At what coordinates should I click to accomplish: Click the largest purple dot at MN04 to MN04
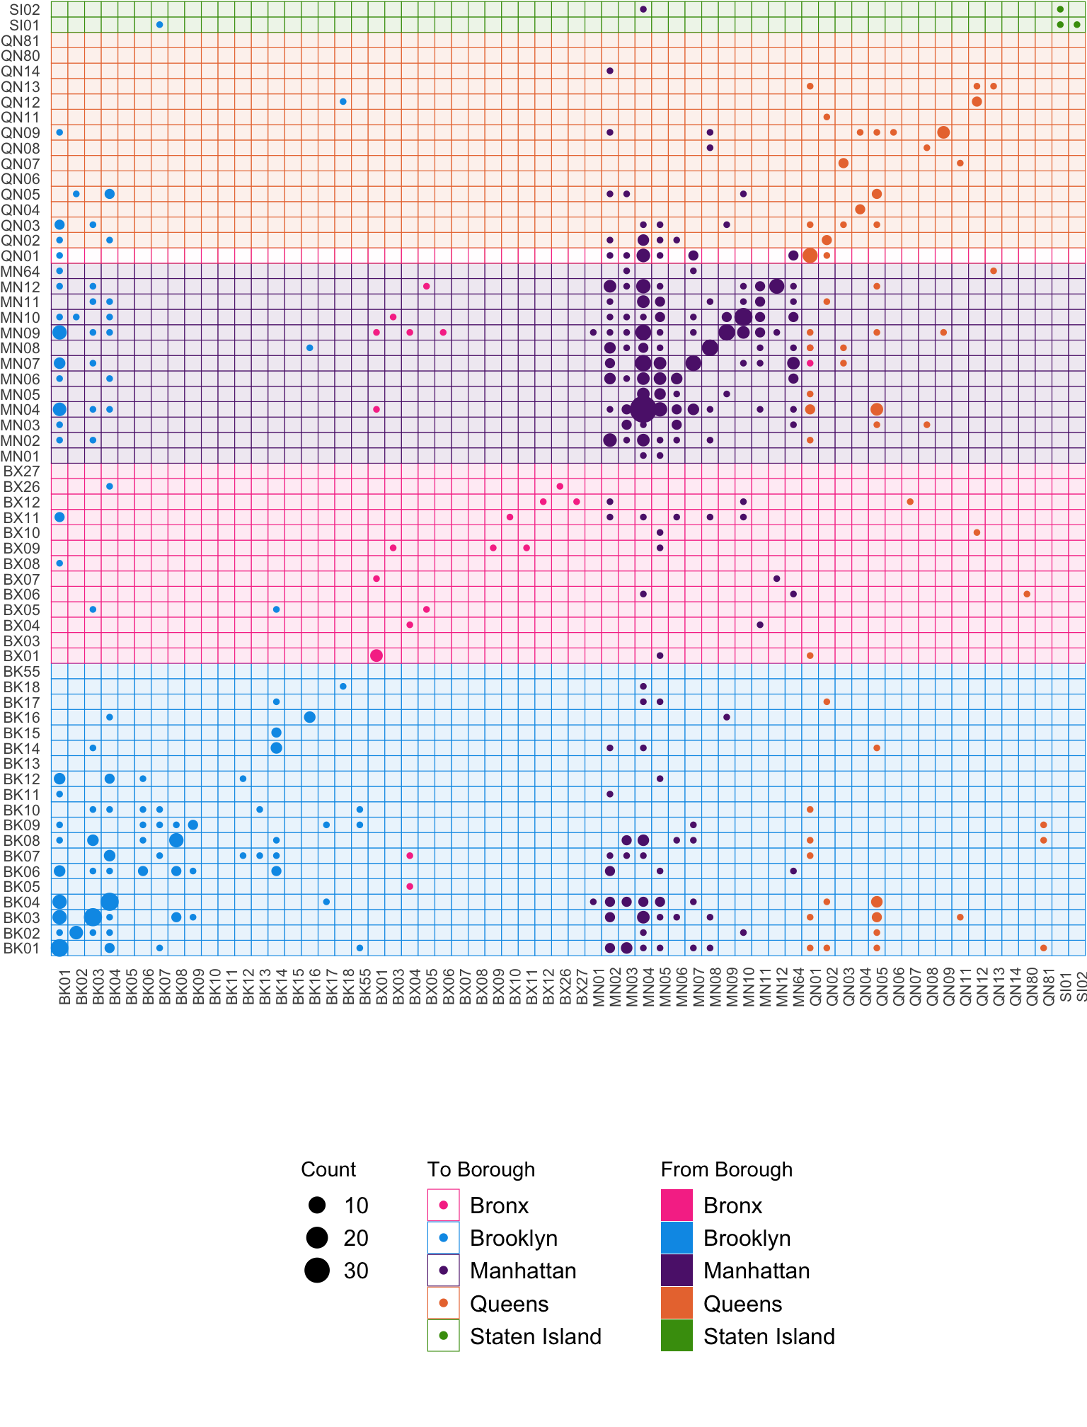pyautogui.click(x=643, y=409)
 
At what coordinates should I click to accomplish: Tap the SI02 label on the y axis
pyautogui.click(x=25, y=10)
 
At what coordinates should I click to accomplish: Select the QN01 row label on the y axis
pyautogui.click(x=21, y=256)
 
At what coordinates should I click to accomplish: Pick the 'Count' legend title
pyautogui.click(x=328, y=1169)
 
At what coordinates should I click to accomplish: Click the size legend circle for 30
pyautogui.click(x=317, y=1271)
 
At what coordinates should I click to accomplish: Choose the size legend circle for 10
pyautogui.click(x=317, y=1205)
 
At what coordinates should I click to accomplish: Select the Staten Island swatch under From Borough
pyautogui.click(x=677, y=1336)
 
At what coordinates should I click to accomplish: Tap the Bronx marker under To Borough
pyautogui.click(x=444, y=1205)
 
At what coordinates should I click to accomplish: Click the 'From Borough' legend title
pyautogui.click(x=726, y=1169)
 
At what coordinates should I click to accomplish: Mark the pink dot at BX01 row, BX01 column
pyautogui.click(x=376, y=655)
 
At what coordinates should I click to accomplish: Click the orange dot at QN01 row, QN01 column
pyautogui.click(x=810, y=256)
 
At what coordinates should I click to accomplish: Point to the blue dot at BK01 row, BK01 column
pyautogui.click(x=59, y=948)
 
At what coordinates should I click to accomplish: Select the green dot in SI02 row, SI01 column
pyautogui.click(x=1060, y=9)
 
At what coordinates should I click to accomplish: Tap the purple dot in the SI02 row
pyautogui.click(x=643, y=9)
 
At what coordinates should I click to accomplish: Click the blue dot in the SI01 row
pyautogui.click(x=159, y=25)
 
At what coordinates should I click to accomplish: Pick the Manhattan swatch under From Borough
pyautogui.click(x=677, y=1271)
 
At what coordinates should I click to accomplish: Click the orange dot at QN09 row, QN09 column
pyautogui.click(x=943, y=132)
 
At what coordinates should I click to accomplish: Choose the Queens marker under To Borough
pyautogui.click(x=444, y=1303)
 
